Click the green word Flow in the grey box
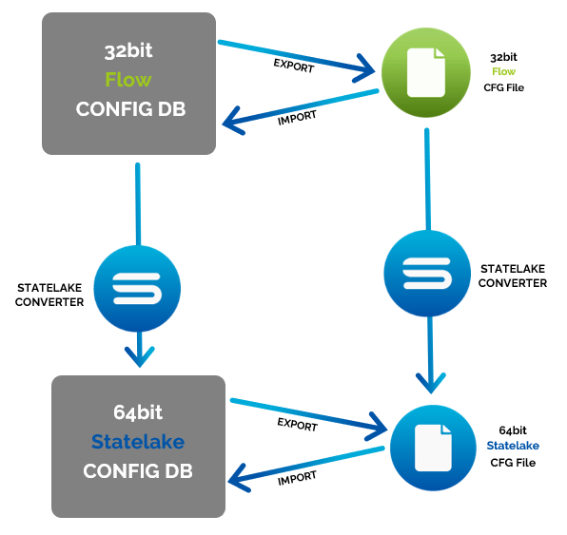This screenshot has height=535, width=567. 128,80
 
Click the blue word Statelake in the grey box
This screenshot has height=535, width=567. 138,442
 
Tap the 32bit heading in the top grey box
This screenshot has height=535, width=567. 128,51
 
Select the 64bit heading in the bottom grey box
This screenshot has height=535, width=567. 138,412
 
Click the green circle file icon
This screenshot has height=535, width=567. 426,72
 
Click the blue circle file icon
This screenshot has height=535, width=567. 433,448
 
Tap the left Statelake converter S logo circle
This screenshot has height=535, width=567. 137,289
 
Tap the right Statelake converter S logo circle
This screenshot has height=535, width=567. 427,274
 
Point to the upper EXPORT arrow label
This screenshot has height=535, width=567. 294,66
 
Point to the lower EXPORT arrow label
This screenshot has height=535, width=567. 297,425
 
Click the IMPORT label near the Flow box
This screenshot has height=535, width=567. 297,118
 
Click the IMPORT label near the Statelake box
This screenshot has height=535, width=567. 297,478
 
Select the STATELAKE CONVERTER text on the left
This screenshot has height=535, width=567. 49,295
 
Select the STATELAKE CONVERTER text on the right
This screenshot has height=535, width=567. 513,276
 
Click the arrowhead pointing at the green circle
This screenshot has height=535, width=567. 365,68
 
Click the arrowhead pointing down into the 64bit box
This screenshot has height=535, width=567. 140,355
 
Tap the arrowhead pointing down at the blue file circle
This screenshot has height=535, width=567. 431,382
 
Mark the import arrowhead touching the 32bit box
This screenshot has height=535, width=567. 233,122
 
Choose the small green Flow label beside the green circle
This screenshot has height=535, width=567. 503,71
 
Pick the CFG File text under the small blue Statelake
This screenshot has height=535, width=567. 513,463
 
